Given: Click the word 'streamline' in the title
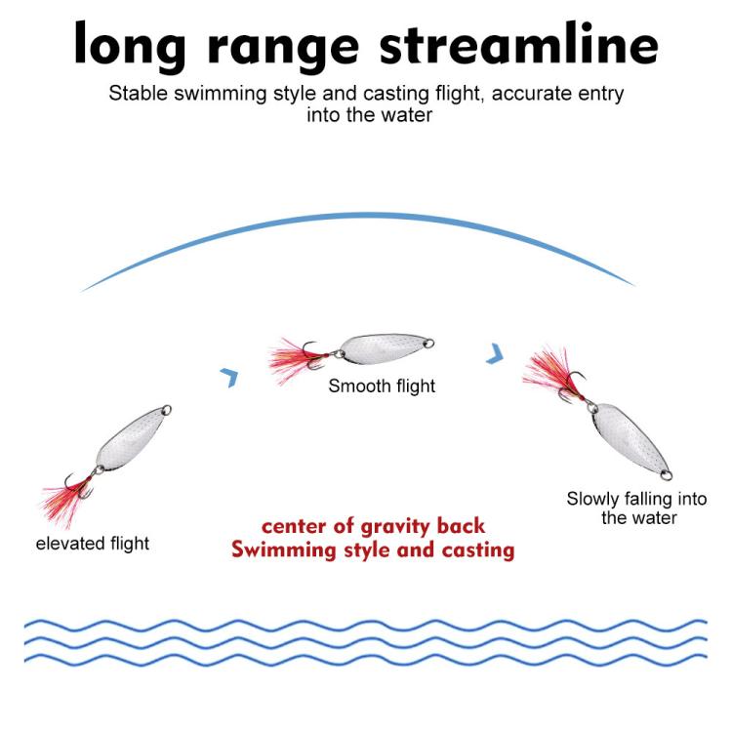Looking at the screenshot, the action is pos(518,43).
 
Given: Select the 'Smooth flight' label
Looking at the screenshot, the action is pos(382,386).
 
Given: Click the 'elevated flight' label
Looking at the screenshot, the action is pos(93,544).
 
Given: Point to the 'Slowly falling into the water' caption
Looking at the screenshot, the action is pos(636,508).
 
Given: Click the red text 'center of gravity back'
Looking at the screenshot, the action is pos(373,527).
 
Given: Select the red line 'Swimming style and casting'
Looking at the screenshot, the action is pos(373,549).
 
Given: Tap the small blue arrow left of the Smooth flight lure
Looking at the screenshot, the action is pos(229,377).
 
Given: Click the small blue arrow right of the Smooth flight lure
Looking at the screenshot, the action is pos(496,353).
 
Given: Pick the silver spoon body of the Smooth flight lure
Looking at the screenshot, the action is pos(383,349).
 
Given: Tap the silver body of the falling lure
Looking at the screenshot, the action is pos(628,435).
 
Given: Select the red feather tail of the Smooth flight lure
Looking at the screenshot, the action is pos(293,360).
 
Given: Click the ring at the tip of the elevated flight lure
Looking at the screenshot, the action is pos(167,410).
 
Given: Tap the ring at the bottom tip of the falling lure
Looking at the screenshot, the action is pos(667,475).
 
